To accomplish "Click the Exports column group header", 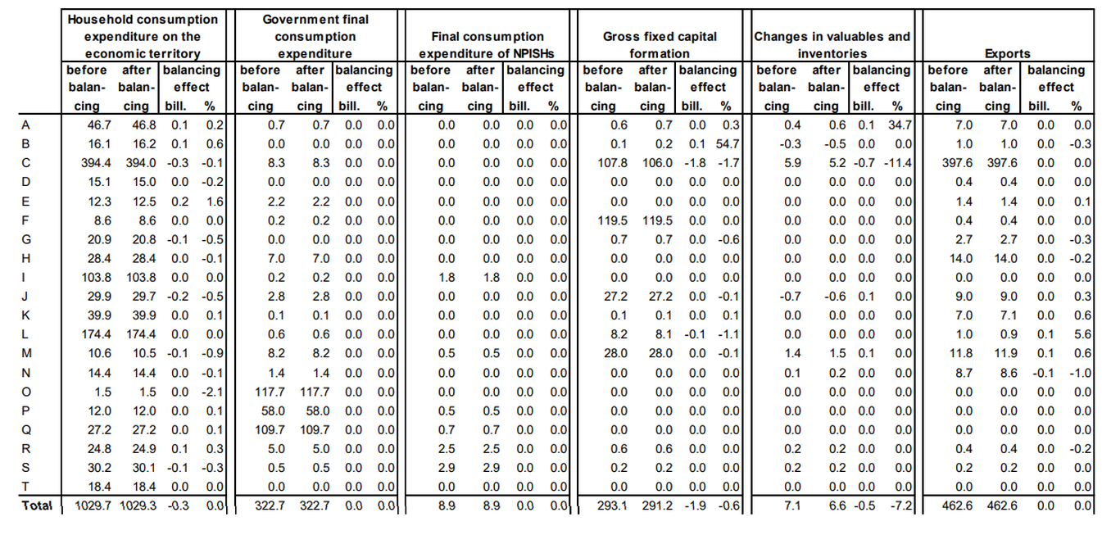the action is tap(1007, 53).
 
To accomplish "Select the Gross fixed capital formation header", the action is tap(660, 45).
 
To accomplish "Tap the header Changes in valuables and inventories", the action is tap(832, 45).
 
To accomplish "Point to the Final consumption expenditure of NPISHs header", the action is tap(487, 45).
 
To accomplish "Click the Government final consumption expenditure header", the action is tap(315, 36).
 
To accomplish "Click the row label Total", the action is tap(37, 506).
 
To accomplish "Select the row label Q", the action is tap(26, 430).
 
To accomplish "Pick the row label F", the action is tap(25, 220).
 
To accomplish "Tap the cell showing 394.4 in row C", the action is tap(97, 163).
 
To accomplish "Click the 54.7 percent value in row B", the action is tap(728, 144).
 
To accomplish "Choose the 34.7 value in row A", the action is tap(900, 125).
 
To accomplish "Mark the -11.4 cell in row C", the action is tap(898, 163).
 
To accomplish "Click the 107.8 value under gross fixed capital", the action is tap(613, 163).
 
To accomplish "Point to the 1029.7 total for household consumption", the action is tap(93, 506).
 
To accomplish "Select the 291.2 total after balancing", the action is tap(657, 506).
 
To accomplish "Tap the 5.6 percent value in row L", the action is tap(1083, 334).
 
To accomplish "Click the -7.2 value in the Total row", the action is tap(900, 506).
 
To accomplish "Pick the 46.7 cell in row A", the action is tap(99, 125).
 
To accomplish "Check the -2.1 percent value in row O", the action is tap(212, 392).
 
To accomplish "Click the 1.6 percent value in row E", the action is tap(215, 202).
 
